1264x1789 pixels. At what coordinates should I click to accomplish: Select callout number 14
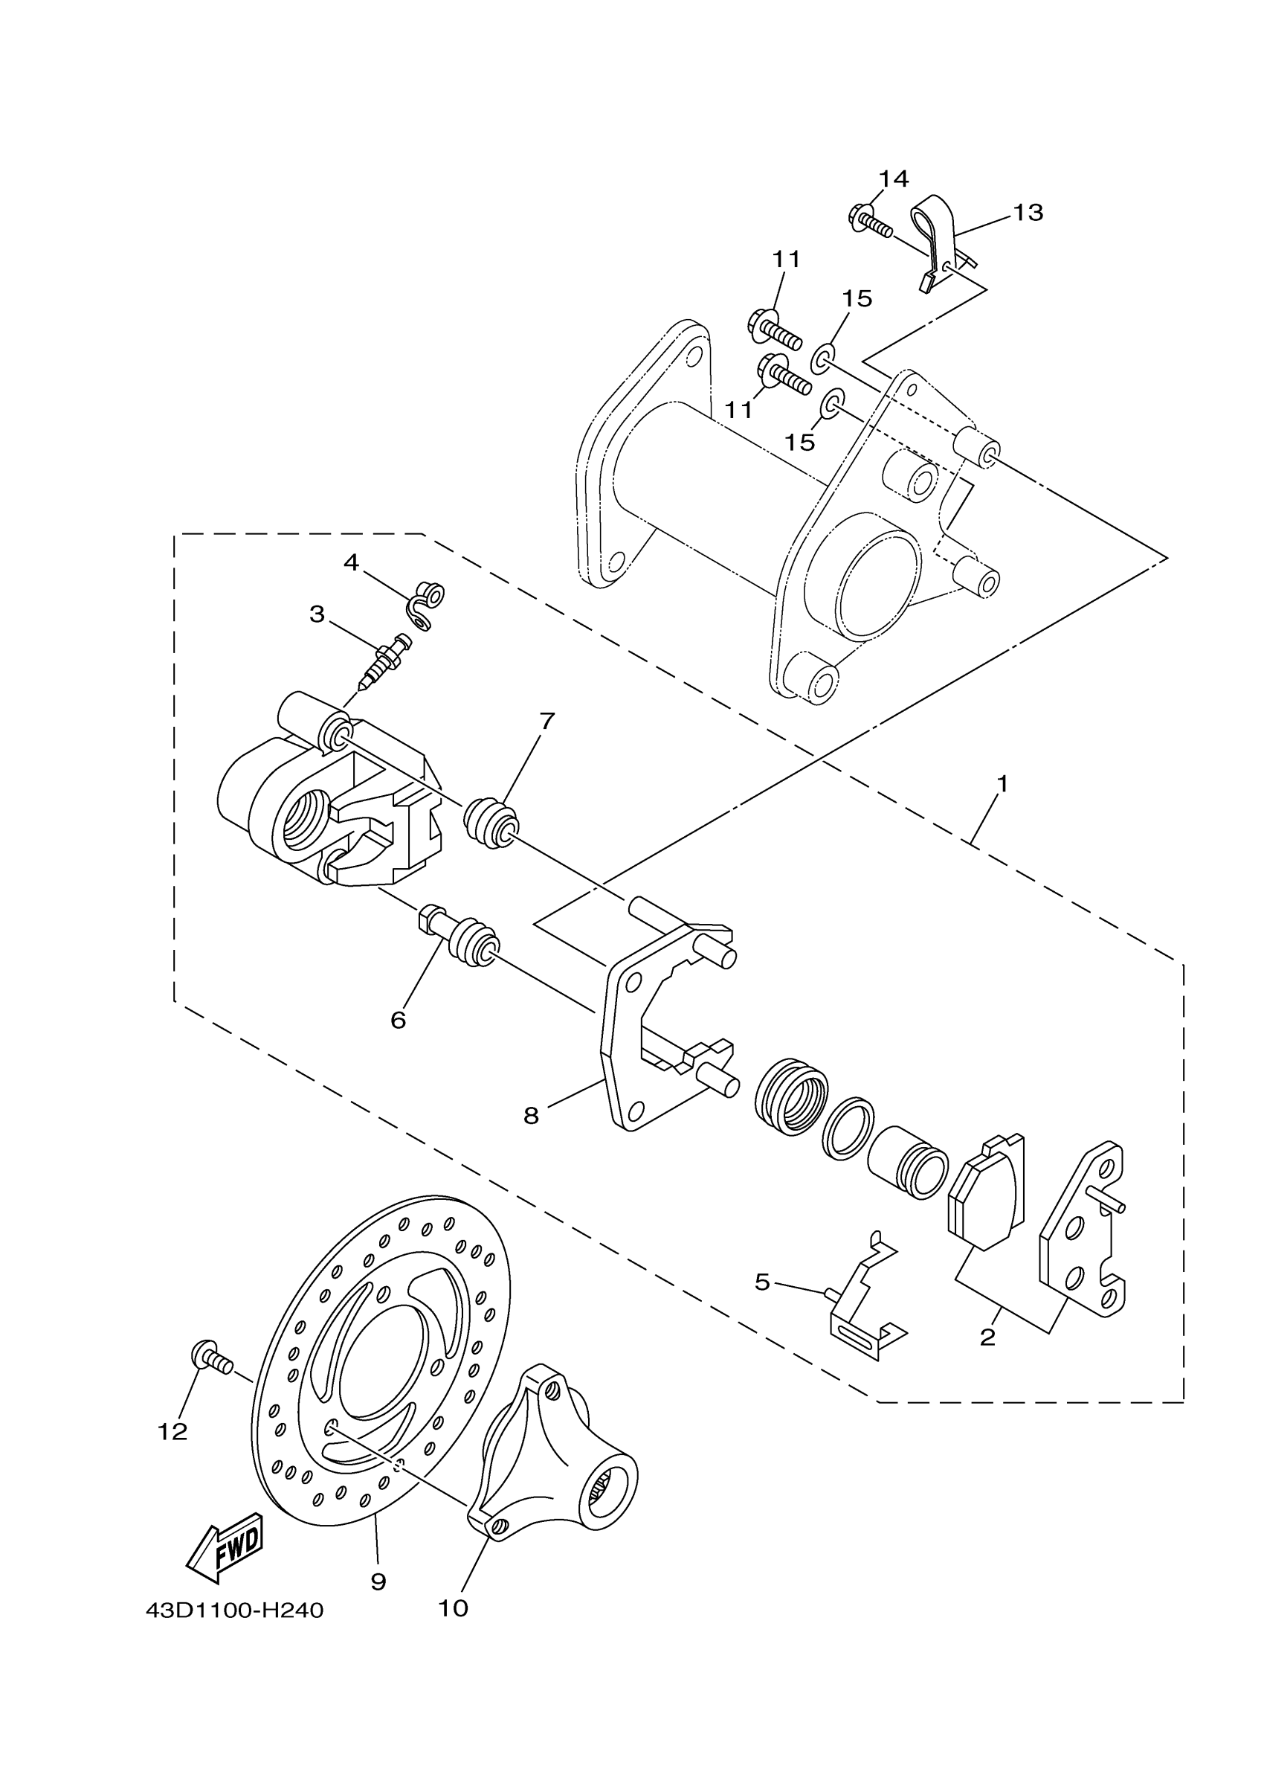893,179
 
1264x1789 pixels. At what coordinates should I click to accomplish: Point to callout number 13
1028,212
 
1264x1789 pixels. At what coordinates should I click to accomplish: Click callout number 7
546,722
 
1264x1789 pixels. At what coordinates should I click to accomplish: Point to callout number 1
1002,784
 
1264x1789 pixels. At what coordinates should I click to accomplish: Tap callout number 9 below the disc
378,1581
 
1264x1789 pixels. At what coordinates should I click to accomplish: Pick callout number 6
398,1020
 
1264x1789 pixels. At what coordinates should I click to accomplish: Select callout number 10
454,1608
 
